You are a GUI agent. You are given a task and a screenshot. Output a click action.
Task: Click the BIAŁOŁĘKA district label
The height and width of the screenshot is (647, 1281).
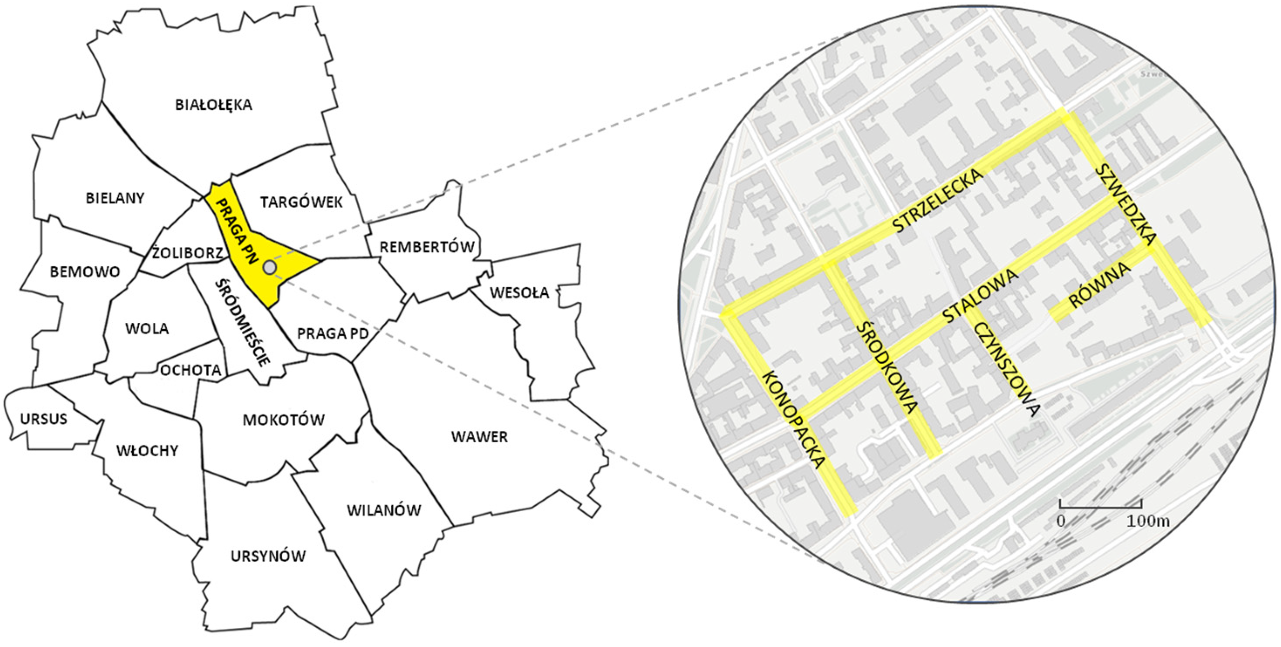pos(213,105)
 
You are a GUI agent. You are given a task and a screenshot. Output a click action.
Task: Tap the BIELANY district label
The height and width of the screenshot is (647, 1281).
pos(115,198)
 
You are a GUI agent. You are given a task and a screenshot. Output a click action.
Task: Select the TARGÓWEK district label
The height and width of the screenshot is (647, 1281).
pos(301,202)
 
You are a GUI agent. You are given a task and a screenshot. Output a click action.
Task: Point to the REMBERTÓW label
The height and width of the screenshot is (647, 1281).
pos(427,246)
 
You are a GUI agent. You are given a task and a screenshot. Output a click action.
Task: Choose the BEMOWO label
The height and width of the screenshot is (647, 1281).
pos(85,272)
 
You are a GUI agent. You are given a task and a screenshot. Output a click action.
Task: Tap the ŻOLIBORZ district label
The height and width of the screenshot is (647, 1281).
pos(188,253)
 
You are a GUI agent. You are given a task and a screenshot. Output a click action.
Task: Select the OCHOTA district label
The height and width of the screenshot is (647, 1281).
pos(190,370)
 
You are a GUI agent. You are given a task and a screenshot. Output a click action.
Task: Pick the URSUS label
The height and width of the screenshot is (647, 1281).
pos(44,419)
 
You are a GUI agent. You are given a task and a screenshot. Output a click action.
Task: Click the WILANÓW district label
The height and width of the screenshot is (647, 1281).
pos(384,510)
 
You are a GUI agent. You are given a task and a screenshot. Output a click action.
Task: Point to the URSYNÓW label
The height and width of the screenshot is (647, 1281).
pos(268,556)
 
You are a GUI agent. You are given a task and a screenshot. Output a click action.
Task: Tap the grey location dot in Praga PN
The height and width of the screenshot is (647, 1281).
pos(270,267)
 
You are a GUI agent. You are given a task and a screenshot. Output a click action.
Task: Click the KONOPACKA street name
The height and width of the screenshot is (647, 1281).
pos(793,420)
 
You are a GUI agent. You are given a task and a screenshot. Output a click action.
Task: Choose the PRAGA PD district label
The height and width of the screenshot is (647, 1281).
pos(333,333)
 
